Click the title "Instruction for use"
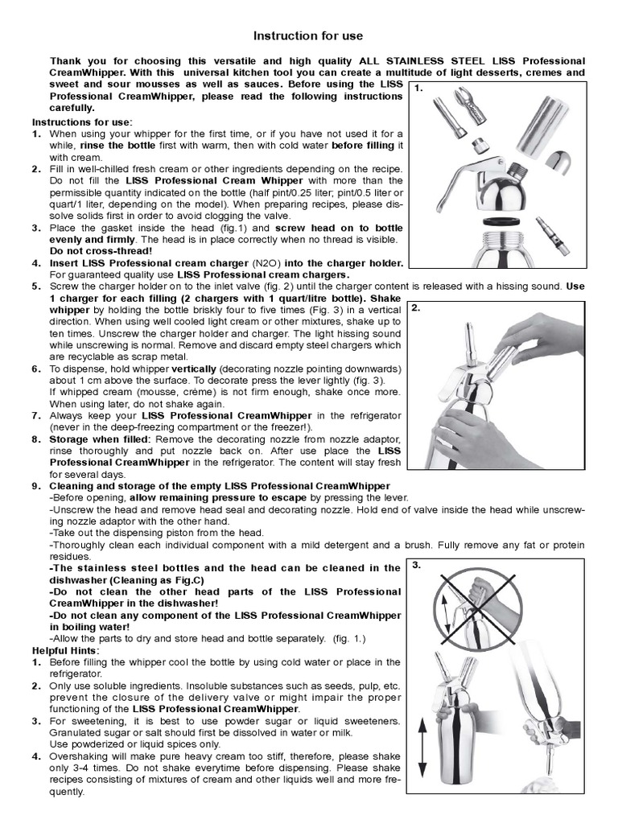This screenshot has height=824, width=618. (x=308, y=35)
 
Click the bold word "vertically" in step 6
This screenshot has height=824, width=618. (x=194, y=369)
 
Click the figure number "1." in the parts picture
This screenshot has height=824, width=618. (x=418, y=89)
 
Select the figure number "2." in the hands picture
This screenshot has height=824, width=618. (x=416, y=308)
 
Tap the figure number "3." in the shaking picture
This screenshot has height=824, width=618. (x=417, y=566)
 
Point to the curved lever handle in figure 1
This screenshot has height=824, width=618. (x=463, y=177)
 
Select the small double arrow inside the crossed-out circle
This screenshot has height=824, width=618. (x=447, y=610)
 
